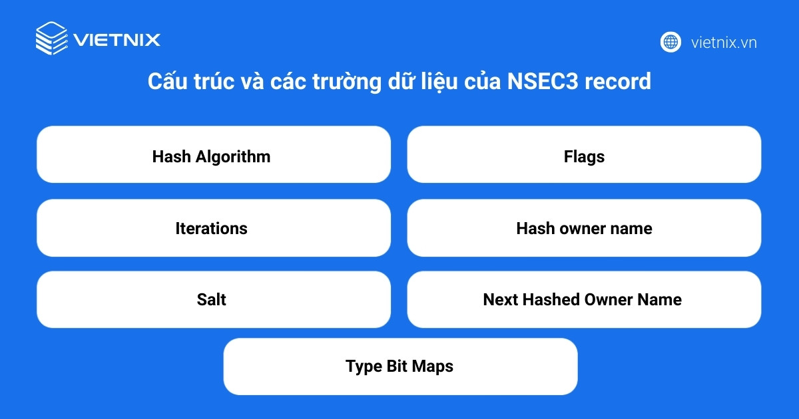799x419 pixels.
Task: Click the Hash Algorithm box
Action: coord(213,154)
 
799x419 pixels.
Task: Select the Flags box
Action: coord(584,154)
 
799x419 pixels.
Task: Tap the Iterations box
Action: coord(213,227)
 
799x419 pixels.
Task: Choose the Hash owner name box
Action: coord(584,227)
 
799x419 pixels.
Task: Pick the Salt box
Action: coord(213,299)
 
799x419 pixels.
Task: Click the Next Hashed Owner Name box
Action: coord(584,299)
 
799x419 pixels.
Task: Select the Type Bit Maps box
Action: coord(400,366)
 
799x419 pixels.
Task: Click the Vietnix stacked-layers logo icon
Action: coord(51,39)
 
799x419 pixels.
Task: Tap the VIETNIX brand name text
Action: coord(117,40)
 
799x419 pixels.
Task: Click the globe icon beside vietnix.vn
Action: coord(670,42)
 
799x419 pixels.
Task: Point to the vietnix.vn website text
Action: coord(724,43)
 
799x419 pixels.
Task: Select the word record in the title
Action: coord(622,82)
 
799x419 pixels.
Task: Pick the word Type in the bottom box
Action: coord(364,367)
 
